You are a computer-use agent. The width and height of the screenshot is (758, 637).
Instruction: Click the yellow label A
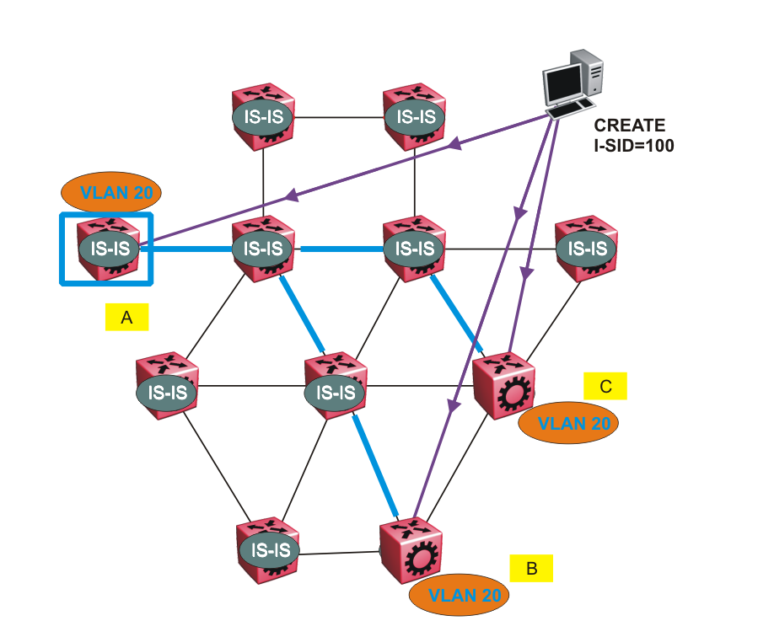click(x=126, y=317)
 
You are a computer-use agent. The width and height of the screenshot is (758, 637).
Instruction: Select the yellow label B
click(x=531, y=568)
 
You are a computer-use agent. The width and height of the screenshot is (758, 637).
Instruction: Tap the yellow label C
click(x=605, y=386)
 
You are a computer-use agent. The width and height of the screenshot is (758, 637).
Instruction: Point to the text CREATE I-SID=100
click(x=633, y=135)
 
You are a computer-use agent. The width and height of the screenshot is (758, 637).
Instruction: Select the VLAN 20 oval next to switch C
click(x=568, y=424)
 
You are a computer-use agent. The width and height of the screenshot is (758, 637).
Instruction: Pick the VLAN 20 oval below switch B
click(x=460, y=595)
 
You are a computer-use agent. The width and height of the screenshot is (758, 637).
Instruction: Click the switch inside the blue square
click(x=106, y=249)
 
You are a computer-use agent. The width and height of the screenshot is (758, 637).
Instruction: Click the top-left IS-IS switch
click(x=264, y=117)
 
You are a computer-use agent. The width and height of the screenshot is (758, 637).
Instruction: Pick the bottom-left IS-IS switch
click(x=267, y=550)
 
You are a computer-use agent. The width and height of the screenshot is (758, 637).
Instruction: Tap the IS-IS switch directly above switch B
click(x=335, y=390)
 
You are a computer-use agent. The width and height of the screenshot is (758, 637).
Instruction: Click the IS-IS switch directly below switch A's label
click(x=166, y=390)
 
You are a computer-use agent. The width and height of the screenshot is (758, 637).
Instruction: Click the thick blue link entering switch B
click(x=374, y=464)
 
